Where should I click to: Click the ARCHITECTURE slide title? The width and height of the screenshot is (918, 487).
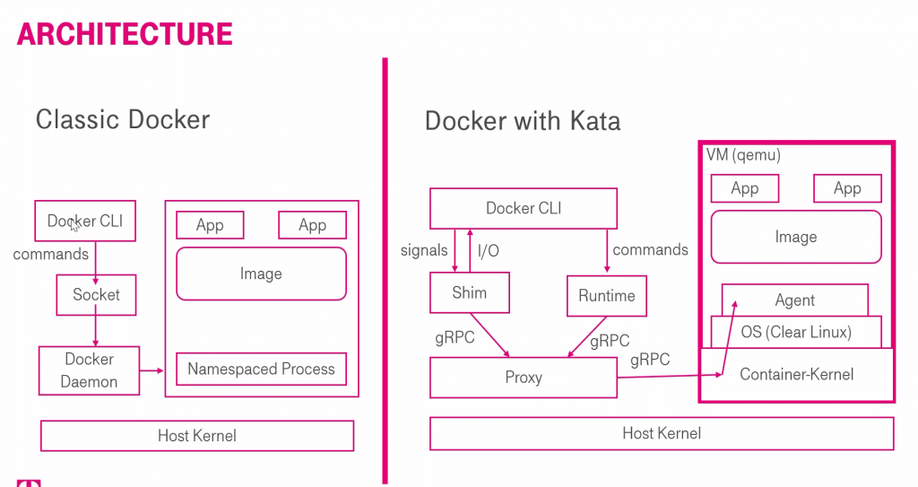pos(125,33)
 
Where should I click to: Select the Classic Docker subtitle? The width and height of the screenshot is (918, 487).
pos(122,119)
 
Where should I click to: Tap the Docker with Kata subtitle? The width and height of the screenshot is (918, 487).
pos(523,121)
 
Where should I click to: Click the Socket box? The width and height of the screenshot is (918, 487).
pos(96,295)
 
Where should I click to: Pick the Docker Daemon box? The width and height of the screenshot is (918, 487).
pos(89,370)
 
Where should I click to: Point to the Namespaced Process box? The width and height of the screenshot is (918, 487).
pos(261,369)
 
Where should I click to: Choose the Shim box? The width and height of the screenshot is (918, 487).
pos(470,292)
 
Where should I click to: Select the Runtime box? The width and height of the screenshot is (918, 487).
pos(607,296)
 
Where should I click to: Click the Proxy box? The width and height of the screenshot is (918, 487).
pos(524,378)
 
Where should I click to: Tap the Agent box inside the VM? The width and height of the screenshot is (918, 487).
pos(794,300)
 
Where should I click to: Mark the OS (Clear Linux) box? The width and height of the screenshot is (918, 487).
pos(796,332)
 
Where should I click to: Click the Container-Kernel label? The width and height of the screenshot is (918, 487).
pos(796,374)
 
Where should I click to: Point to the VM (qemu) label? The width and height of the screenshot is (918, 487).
pos(743,155)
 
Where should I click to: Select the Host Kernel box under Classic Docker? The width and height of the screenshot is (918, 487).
pos(196,435)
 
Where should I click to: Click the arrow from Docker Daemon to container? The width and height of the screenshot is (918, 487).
pos(152,370)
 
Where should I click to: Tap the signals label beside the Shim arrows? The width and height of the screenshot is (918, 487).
pos(424,250)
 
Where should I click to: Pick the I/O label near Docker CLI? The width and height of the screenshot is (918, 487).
pos(489,251)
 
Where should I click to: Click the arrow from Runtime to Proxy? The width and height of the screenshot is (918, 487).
pos(587,337)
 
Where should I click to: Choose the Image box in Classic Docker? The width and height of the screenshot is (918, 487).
pos(261,274)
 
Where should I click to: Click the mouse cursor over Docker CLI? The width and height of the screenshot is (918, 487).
pos(74,226)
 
